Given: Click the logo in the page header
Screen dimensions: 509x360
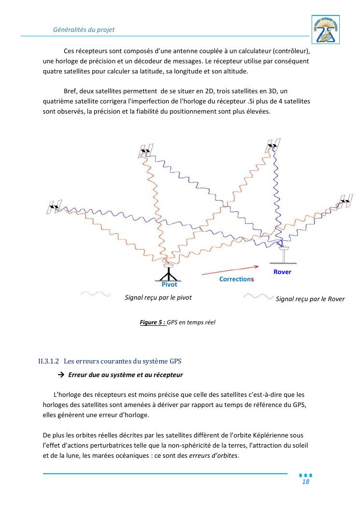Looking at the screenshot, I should tap(326, 29).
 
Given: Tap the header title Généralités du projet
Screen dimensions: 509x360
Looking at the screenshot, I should tap(84, 29).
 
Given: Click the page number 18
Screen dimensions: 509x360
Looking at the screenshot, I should tap(305, 482).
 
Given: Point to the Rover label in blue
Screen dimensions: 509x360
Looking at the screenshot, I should tap(282, 272).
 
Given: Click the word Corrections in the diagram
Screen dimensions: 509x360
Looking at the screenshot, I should tap(236, 279).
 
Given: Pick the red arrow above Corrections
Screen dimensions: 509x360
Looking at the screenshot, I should tap(227, 271).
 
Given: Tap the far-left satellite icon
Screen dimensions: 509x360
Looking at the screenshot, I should tap(54, 207).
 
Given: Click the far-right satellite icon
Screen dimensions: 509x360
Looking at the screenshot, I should tap(345, 201).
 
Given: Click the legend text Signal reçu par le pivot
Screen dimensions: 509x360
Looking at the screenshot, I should tap(158, 298).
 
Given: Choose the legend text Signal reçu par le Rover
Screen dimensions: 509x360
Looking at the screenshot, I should tap(310, 299).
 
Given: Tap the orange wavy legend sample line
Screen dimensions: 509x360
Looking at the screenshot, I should tap(95, 293).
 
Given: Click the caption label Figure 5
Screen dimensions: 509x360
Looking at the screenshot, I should tap(153, 322).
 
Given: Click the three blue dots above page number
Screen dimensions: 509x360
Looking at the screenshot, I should tap(305, 475).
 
